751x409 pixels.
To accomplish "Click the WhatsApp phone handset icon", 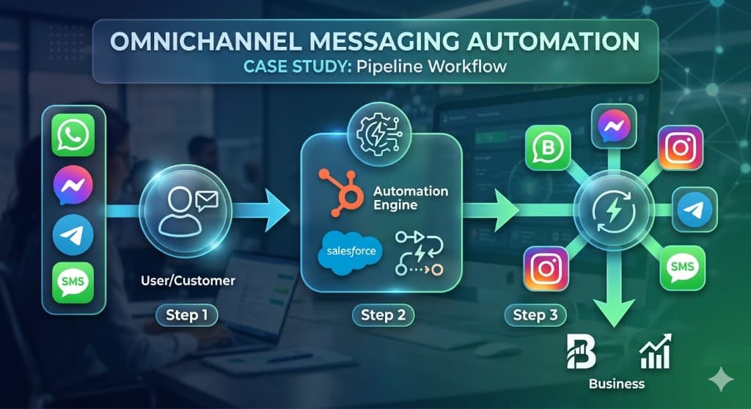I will point(74,135).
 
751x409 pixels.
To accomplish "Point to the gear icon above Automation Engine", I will point(380,131).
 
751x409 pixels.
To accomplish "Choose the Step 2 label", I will point(383,315).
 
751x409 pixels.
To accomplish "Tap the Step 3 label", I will point(535,315).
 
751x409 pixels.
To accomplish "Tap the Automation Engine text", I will point(410,198).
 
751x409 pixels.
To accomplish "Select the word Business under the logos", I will point(616,383).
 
